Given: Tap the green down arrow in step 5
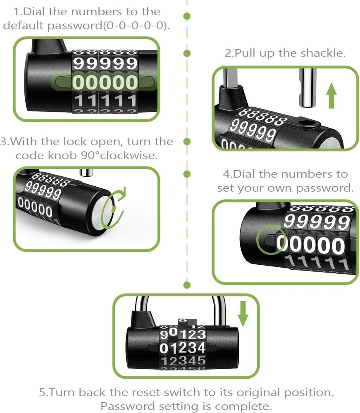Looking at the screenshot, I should coord(243,314).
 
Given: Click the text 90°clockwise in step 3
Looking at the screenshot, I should coord(121,156).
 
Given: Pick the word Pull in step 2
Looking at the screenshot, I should coord(248,54).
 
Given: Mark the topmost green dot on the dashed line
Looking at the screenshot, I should coord(187,16).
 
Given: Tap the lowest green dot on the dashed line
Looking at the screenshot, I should coord(187,285).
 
